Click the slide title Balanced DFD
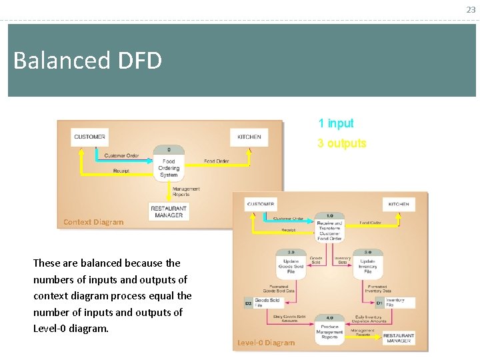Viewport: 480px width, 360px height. [x=87, y=61]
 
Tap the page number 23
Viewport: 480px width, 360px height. [x=471, y=9]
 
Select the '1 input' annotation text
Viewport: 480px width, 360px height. [x=335, y=123]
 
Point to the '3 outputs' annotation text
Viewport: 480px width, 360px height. [x=341, y=143]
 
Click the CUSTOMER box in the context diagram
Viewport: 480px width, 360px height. [x=89, y=137]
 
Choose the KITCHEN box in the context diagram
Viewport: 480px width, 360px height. [x=249, y=137]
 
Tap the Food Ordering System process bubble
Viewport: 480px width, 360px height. [x=169, y=163]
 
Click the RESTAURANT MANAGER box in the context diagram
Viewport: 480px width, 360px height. [x=169, y=211]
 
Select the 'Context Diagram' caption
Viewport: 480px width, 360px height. [x=93, y=222]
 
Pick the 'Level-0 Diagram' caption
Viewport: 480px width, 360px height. [x=265, y=343]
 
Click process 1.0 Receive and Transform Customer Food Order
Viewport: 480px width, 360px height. [x=329, y=226]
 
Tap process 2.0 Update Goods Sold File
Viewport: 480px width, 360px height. [x=291, y=264]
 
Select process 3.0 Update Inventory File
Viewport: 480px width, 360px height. [x=367, y=264]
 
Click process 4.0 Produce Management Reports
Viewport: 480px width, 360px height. [x=329, y=329]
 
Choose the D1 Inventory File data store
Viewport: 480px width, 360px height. [x=394, y=303]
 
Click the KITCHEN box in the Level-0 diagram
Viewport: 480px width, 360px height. [x=399, y=204]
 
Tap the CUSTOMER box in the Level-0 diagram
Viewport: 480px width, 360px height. [x=261, y=204]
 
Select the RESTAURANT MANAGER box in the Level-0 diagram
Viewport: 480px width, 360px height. [x=398, y=338]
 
